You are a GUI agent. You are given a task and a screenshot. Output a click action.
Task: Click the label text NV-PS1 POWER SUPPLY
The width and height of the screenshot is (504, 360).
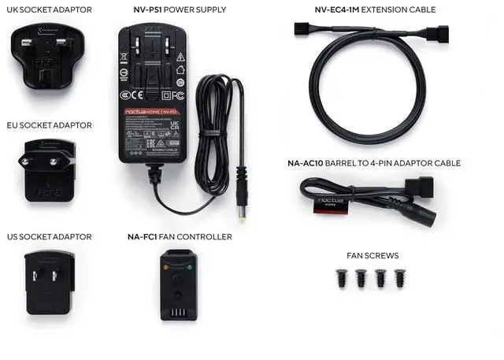tap(180, 10)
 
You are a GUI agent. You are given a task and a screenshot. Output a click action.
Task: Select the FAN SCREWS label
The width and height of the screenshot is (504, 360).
tap(372, 256)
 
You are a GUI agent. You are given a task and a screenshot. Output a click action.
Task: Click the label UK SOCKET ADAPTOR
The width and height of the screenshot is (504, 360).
tap(49, 10)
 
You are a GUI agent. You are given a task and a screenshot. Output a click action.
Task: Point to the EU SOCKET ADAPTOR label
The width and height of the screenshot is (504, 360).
tap(49, 125)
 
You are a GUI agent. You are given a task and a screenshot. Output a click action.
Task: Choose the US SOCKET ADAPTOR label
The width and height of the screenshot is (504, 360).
tap(49, 236)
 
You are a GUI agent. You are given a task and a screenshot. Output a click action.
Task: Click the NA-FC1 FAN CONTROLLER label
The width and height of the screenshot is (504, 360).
tap(180, 236)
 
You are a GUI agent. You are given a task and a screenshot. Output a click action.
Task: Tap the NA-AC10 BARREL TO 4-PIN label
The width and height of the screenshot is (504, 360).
tap(374, 164)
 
